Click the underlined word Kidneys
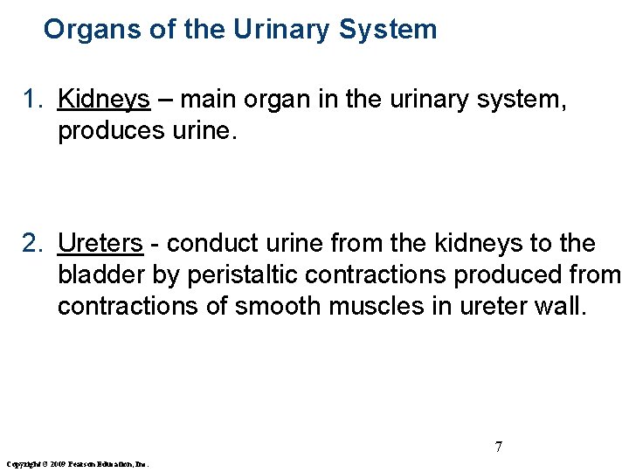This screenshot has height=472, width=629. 104,101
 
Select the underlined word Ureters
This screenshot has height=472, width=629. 100,244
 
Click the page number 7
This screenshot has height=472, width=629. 498,447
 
